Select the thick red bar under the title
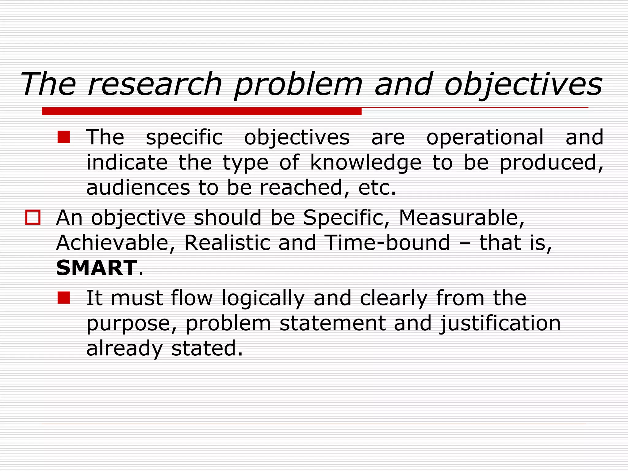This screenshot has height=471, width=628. [201, 111]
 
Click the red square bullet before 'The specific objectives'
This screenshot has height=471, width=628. [64, 137]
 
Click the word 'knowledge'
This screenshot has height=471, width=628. [366, 163]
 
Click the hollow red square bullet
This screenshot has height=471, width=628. [33, 217]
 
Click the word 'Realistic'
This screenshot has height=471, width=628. [227, 243]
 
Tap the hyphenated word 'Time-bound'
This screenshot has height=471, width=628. [387, 243]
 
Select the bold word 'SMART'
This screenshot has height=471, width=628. [96, 268]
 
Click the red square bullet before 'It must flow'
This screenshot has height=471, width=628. [64, 298]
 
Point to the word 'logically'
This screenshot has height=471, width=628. [263, 298]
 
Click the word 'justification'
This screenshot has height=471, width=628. [500, 324]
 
